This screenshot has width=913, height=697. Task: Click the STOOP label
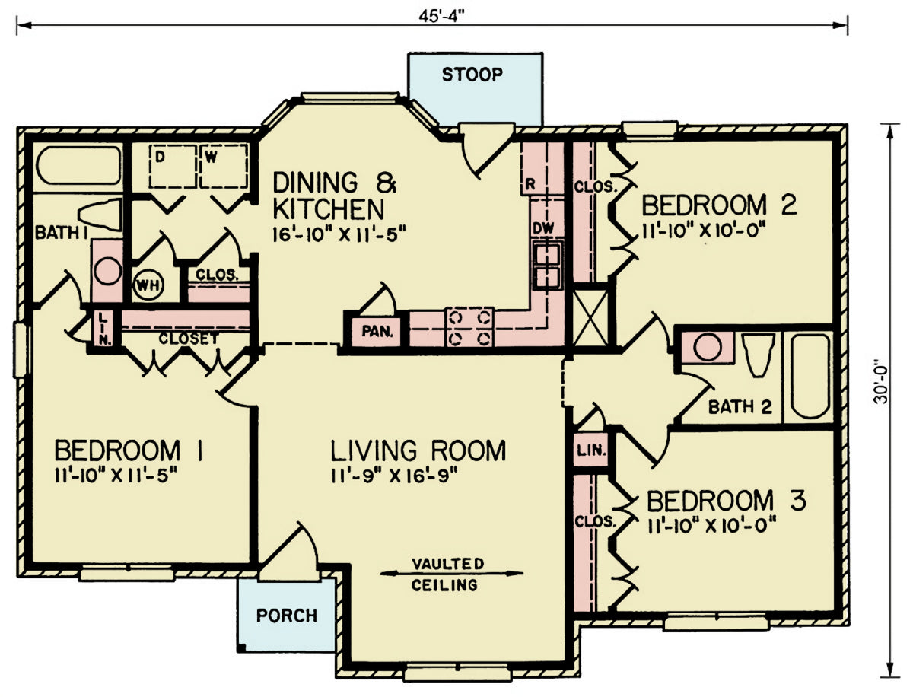click(x=472, y=75)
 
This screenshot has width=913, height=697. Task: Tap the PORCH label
click(x=286, y=615)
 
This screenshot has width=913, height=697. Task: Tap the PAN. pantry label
click(x=376, y=331)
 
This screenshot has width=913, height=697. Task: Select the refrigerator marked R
click(x=530, y=185)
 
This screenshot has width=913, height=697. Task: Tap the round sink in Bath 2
click(x=708, y=347)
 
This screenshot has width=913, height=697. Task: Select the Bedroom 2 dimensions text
click(x=702, y=228)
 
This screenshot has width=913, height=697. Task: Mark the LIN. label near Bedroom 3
click(x=591, y=450)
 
